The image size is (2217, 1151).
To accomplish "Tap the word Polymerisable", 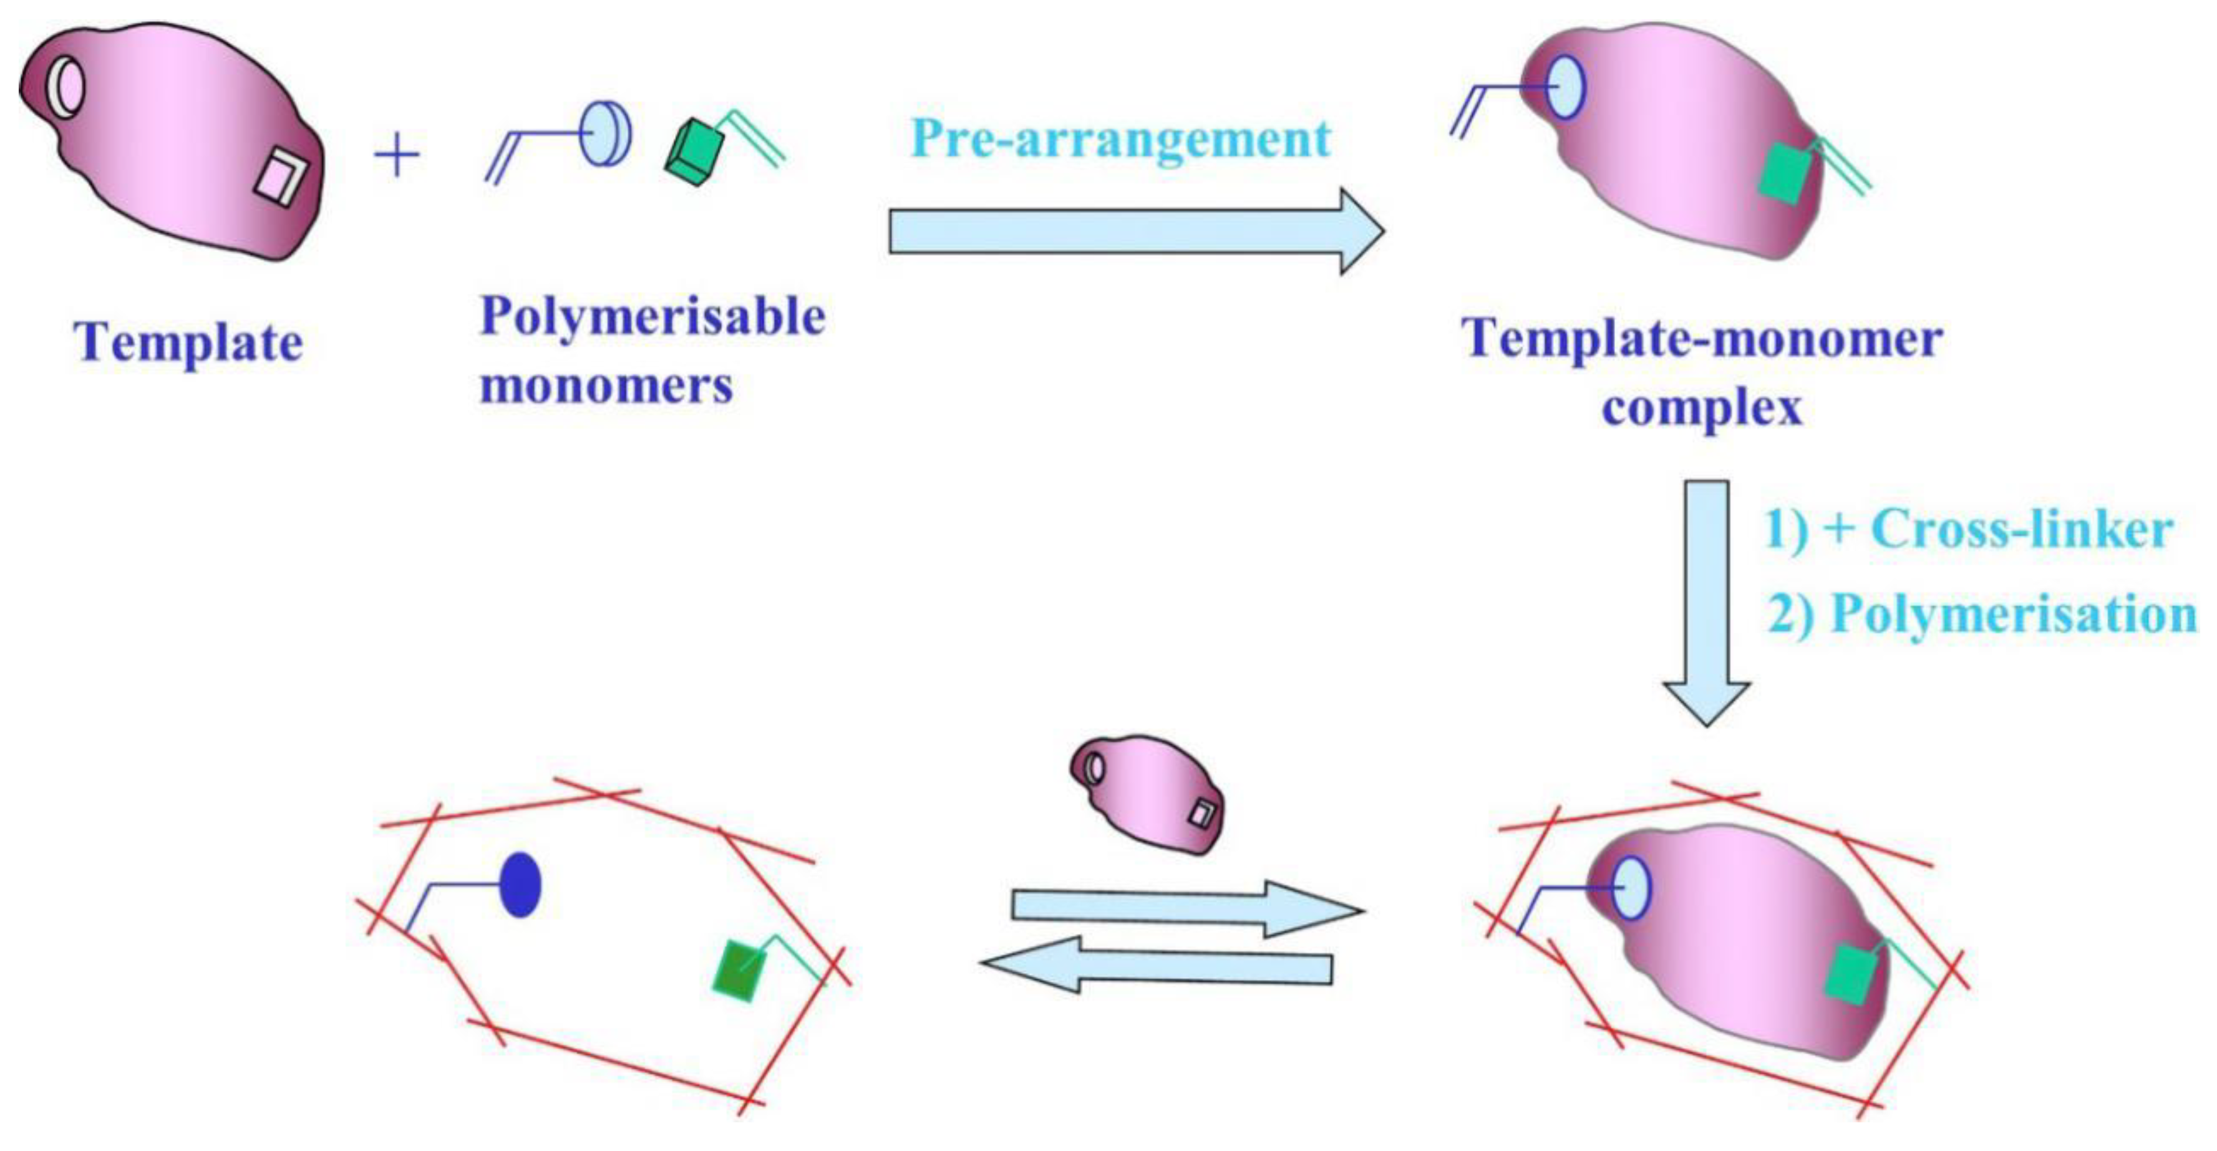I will [652, 318].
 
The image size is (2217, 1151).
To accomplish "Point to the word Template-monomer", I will [1702, 339].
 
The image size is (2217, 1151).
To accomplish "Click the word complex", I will [1702, 408].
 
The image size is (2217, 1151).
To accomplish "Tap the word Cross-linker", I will [2022, 528].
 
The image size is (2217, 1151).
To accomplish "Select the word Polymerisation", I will [2013, 614].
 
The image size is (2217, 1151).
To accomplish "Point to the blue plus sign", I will [397, 156].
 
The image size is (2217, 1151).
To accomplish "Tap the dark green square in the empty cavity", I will [739, 971].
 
